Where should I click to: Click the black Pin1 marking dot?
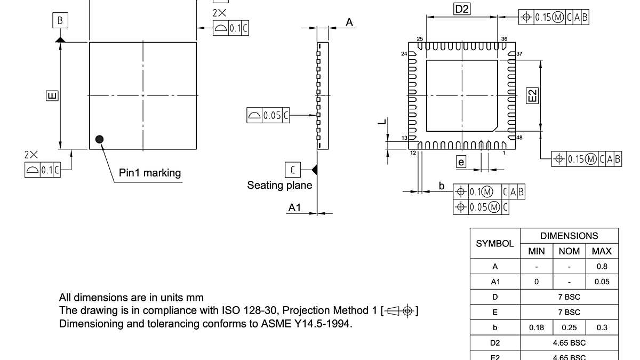[x=99, y=139]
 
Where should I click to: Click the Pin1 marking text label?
[x=149, y=173]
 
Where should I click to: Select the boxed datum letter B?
[x=60, y=21]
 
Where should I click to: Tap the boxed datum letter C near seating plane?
[x=292, y=170]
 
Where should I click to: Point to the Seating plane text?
[x=279, y=185]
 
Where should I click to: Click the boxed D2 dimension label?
[x=462, y=9]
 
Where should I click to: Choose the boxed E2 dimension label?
[x=532, y=95]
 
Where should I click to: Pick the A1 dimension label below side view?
[x=294, y=207]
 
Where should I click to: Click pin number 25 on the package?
[x=420, y=39]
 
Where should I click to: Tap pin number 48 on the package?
[x=519, y=138]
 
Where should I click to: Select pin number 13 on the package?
[x=404, y=138]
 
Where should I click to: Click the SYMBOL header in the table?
[x=494, y=243]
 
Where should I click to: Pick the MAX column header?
[x=602, y=251]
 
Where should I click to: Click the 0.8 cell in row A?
[x=602, y=267]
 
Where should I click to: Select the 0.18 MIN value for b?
[x=537, y=327]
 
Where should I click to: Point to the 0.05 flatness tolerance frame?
[x=268, y=115]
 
